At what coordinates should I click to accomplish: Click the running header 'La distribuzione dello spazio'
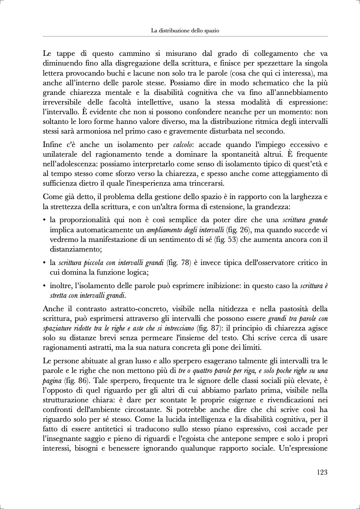[185, 31]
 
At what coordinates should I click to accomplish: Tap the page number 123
[322, 472]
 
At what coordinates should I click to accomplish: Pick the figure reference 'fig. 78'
[177, 263]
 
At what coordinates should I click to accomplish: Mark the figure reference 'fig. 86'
[77, 380]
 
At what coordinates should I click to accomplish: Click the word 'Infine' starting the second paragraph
[52, 145]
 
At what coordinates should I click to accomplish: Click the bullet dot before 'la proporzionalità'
[44, 220]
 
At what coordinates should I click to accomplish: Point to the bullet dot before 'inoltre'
[44, 286]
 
